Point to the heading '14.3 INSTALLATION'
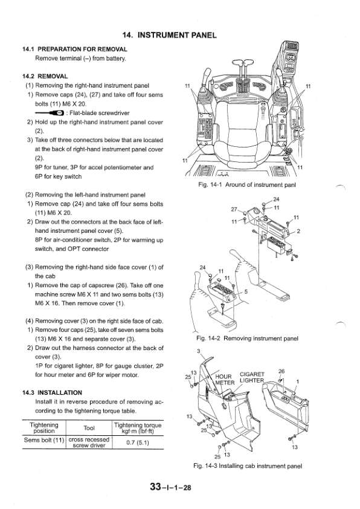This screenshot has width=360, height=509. pos(53,392)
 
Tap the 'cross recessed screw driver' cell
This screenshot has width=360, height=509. pos(89,443)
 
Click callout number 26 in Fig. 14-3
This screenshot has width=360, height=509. pos(281,371)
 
